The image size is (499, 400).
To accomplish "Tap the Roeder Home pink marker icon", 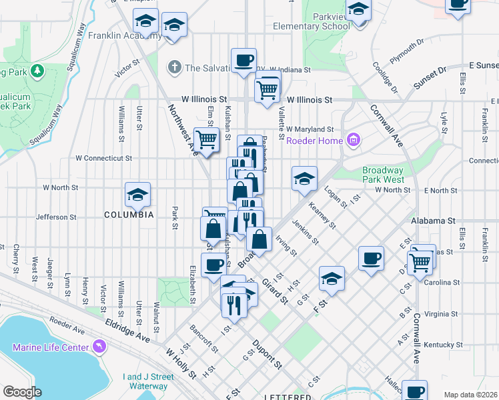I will tap(354, 140).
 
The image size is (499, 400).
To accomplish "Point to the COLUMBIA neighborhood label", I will tap(129, 215).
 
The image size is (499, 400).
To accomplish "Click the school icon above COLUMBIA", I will tap(138, 195).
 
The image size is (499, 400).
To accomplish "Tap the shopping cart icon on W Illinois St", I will tap(267, 88).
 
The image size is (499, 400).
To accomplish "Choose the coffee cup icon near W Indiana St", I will tap(243, 60).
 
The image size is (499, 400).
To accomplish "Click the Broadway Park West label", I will tap(383, 175).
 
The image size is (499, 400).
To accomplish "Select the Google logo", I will tap(22, 392).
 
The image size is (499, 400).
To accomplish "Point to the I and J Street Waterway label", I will tap(148, 381).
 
